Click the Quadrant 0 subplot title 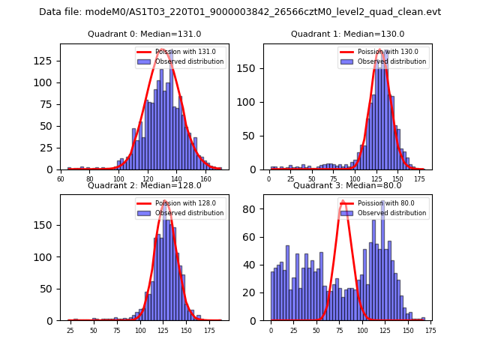(144, 34)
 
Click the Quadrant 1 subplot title (347, 34)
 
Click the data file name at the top (240, 12)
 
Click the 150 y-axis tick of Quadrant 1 (253, 68)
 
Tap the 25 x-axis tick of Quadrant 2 (70, 331)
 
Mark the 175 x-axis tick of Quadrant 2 (211, 331)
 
